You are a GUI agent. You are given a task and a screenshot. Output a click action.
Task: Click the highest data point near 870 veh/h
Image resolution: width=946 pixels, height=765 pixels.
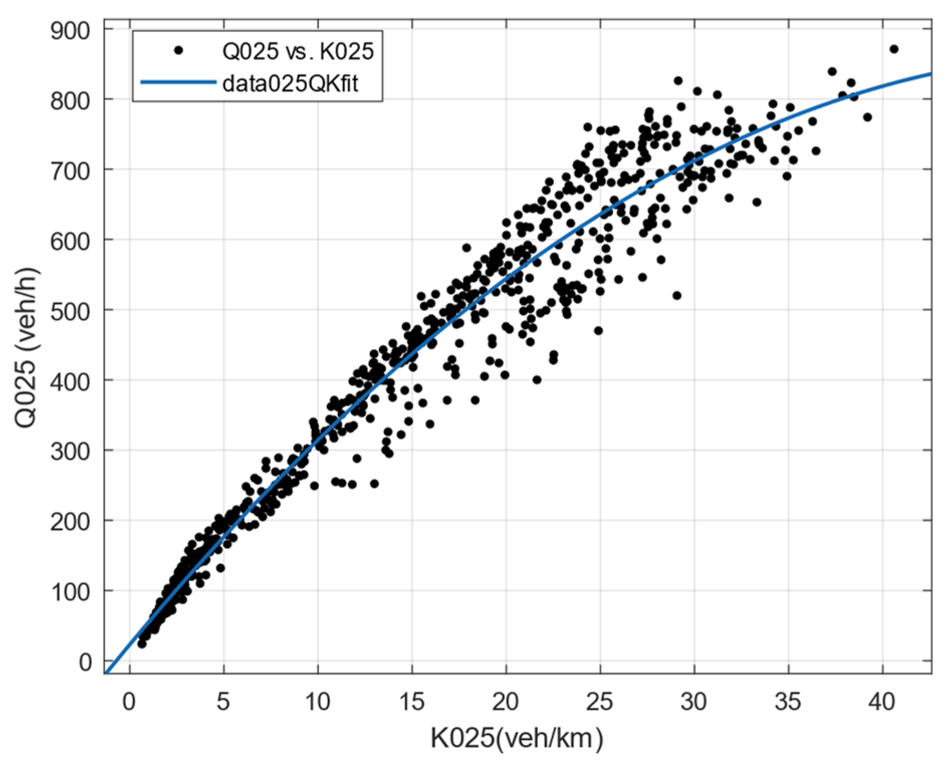click(x=893, y=49)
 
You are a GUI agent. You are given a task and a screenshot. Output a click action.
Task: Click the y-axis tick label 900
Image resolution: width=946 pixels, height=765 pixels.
click(x=70, y=31)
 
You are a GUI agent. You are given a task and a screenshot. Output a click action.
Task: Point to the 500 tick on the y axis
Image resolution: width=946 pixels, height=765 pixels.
click(x=70, y=312)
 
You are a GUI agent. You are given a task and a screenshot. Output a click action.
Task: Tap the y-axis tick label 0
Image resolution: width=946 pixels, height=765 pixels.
click(x=85, y=662)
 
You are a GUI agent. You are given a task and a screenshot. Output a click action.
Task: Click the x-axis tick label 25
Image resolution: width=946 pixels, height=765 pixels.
click(x=600, y=701)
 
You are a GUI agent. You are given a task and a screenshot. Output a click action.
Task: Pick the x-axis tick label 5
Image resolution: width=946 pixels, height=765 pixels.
click(x=223, y=701)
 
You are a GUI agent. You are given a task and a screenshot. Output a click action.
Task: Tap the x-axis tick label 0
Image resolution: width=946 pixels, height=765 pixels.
click(x=129, y=701)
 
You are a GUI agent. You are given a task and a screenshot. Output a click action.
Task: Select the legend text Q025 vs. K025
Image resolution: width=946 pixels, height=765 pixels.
click(x=298, y=51)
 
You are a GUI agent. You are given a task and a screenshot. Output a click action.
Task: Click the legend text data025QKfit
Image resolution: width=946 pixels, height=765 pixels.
click(x=290, y=83)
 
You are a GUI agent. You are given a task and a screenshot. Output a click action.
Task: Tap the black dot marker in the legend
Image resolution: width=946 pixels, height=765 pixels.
click(x=178, y=50)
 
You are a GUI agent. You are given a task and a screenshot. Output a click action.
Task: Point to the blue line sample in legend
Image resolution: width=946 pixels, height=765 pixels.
click(x=178, y=82)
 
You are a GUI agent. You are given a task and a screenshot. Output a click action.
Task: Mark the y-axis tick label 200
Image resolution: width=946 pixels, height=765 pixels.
click(x=70, y=522)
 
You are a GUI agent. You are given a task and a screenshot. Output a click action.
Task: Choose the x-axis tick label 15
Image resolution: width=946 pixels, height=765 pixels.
click(x=411, y=701)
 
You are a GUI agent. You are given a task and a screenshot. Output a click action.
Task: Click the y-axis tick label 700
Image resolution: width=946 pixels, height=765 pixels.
click(x=70, y=171)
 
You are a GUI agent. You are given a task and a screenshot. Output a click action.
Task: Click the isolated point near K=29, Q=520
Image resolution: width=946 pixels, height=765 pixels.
click(x=677, y=296)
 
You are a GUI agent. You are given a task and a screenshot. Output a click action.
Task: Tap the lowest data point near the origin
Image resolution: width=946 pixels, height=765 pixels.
click(x=142, y=643)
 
